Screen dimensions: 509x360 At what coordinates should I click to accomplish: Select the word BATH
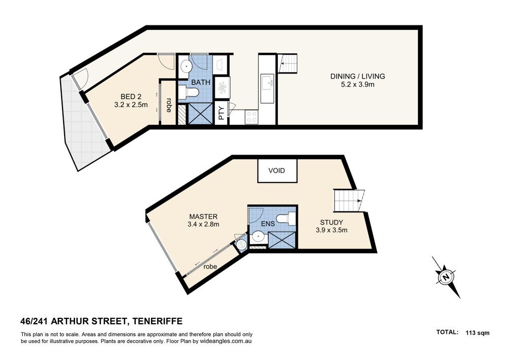tap(201, 82)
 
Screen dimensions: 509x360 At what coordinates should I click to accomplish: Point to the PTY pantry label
tap(222, 113)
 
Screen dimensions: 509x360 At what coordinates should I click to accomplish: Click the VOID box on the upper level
tap(277, 171)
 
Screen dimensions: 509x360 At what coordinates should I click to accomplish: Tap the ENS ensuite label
tap(268, 223)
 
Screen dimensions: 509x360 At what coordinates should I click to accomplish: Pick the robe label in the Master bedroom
tap(210, 267)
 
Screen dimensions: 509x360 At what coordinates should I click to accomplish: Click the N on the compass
tap(446, 277)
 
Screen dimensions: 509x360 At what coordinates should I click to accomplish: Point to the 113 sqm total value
tap(477, 333)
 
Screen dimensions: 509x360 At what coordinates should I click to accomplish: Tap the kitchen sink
tap(267, 84)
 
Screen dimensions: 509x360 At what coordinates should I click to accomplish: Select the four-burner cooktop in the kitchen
tap(252, 117)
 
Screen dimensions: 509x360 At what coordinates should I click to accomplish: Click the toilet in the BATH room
tap(188, 92)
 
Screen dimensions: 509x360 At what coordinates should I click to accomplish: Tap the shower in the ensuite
tap(282, 241)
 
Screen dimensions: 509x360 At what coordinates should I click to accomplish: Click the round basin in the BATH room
tap(186, 67)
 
